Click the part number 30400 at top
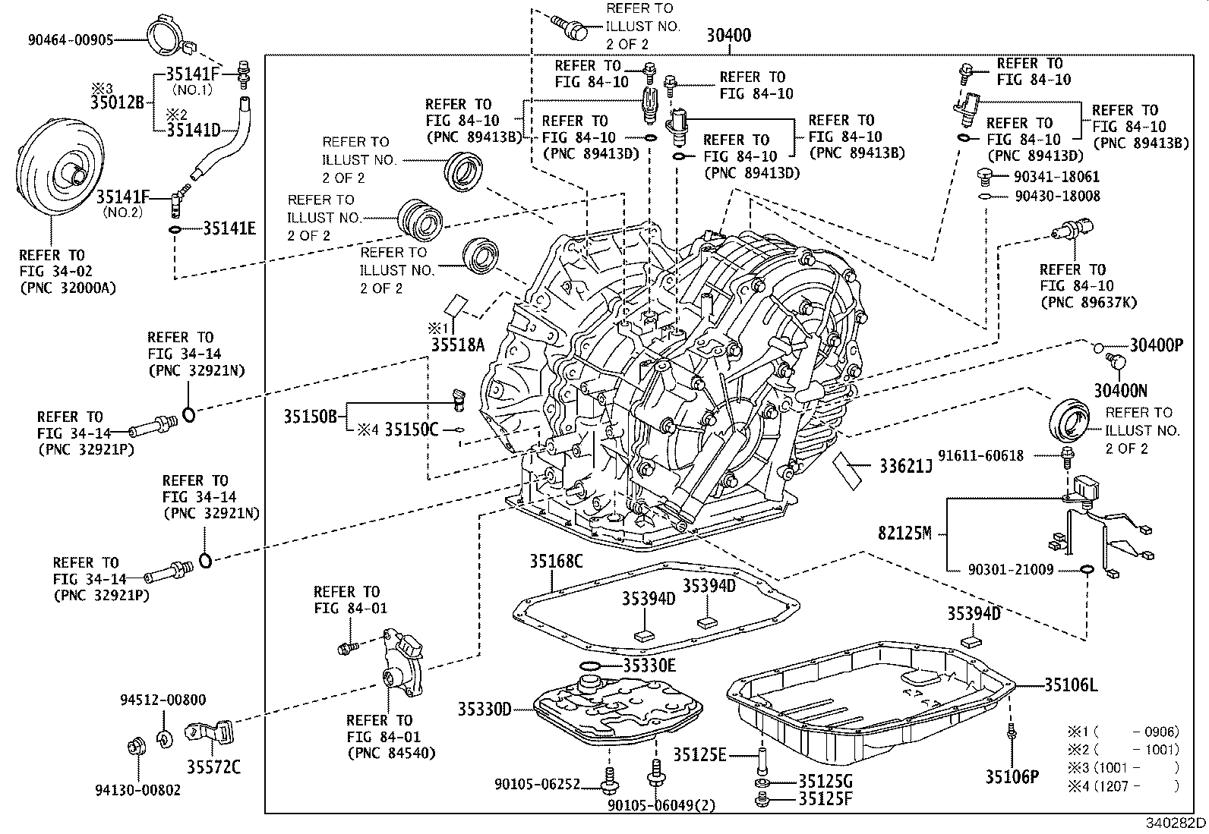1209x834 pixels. tap(728, 35)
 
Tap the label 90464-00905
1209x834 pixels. tap(71, 39)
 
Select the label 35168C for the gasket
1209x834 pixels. tap(556, 561)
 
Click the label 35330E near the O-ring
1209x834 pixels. tap(649, 666)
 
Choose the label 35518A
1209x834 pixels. tap(457, 346)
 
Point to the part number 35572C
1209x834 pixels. tap(214, 766)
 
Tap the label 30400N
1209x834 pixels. tap(1120, 391)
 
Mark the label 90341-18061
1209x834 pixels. tap(1056, 176)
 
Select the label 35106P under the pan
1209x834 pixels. tap(1012, 776)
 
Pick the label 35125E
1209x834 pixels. tap(699, 754)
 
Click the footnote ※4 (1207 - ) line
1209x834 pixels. tap(1124, 786)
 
